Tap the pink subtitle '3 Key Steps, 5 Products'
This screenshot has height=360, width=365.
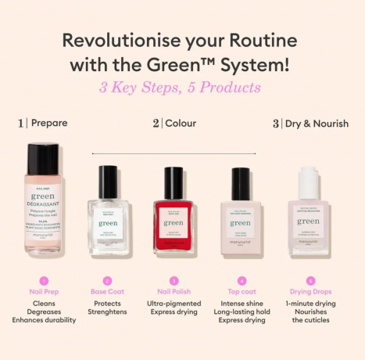pos(180,88)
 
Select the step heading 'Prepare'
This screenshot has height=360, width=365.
pos(49,123)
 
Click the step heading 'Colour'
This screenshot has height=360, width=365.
pos(181,123)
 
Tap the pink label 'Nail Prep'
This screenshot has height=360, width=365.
pos(44,292)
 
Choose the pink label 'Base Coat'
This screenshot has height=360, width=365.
pos(107,292)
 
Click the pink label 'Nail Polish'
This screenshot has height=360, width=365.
pos(174,292)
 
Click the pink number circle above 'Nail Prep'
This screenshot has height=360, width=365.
pos(44,279)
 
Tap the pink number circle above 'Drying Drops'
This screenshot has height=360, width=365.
pos(310,279)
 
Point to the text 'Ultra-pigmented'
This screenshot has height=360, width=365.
pos(174,303)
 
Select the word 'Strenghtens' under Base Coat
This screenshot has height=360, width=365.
pos(107,312)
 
